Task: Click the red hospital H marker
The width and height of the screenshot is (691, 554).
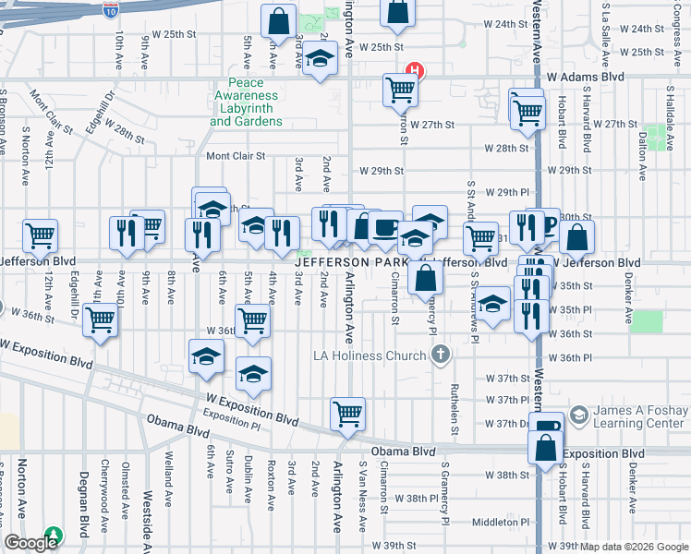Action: coord(416,69)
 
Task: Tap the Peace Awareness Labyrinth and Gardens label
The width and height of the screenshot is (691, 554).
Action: coord(247,108)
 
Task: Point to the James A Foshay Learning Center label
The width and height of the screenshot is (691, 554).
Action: coord(640,417)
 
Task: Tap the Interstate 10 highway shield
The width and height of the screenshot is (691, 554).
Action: coord(111,10)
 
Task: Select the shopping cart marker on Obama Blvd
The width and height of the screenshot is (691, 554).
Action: coord(347,415)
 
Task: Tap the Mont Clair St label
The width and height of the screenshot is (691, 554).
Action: coord(236,156)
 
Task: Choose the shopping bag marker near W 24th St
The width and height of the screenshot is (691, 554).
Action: coord(397,11)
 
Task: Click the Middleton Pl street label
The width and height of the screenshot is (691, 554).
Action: coord(499,522)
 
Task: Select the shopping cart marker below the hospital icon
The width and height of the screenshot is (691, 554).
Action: coord(400,90)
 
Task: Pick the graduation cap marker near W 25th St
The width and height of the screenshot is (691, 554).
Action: coord(320,61)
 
